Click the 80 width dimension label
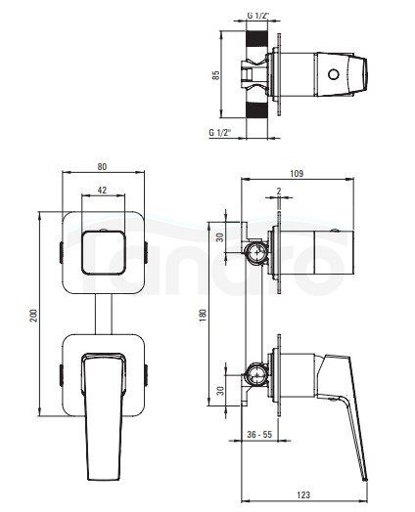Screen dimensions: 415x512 click(x=102, y=166)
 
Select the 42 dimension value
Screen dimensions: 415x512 click(x=103, y=190)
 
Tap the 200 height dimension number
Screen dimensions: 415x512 click(x=34, y=315)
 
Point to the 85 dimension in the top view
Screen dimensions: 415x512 click(x=216, y=75)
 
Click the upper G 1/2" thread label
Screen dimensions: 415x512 click(x=257, y=16)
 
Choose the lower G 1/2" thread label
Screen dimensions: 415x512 click(x=220, y=133)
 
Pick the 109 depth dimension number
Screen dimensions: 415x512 click(x=297, y=173)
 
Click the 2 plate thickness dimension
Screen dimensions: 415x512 click(x=279, y=191)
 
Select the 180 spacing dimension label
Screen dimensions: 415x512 click(x=203, y=316)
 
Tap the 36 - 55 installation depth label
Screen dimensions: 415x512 click(x=259, y=434)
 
